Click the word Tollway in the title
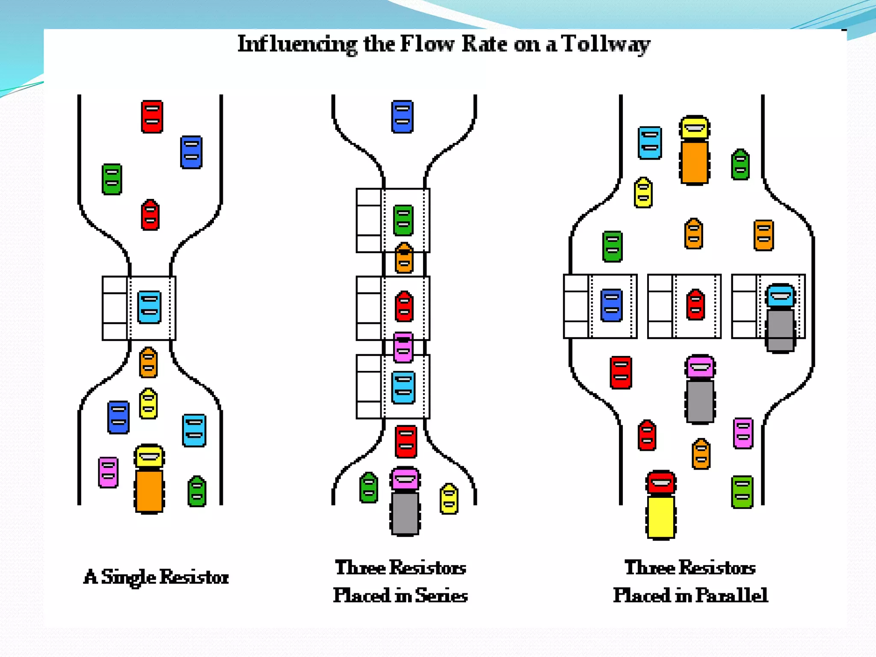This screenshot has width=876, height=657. click(606, 44)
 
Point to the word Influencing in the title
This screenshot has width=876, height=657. click(297, 44)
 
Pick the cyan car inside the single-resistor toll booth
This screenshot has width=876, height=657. click(149, 307)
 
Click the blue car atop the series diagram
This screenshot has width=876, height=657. click(402, 116)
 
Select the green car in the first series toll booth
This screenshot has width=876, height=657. click(403, 220)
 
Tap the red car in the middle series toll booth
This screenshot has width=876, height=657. click(404, 306)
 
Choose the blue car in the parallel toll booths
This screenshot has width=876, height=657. click(611, 305)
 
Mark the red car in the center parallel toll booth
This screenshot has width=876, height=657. click(695, 305)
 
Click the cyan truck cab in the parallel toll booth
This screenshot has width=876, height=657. click(781, 296)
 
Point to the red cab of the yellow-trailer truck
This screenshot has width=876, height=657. click(661, 482)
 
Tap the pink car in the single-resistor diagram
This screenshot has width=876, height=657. click(108, 472)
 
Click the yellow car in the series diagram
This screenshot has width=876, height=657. click(449, 498)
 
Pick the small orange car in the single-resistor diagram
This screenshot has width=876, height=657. click(148, 362)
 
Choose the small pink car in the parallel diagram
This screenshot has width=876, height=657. click(743, 433)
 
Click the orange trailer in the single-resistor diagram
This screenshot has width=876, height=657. click(149, 491)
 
